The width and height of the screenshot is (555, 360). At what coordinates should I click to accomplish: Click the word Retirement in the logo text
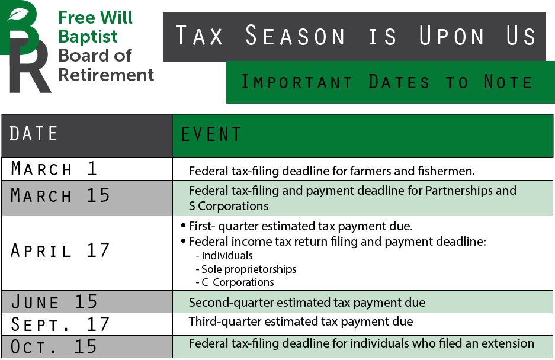pyautogui.click(x=106, y=75)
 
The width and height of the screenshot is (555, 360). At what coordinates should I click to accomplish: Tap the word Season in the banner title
pyautogui.click(x=295, y=37)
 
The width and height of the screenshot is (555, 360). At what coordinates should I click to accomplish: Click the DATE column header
pyautogui.click(x=34, y=134)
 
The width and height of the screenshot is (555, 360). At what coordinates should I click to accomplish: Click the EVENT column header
pyautogui.click(x=211, y=134)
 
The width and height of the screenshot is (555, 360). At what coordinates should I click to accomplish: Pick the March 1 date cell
pyautogui.click(x=54, y=169)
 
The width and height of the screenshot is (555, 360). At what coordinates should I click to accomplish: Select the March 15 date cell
pyautogui.click(x=60, y=195)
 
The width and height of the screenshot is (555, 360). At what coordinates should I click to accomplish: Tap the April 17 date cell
pyautogui.click(x=60, y=250)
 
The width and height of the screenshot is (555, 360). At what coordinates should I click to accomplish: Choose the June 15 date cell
pyautogui.click(x=54, y=302)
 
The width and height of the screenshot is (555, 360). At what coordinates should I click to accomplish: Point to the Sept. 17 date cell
pyautogui.click(x=60, y=324)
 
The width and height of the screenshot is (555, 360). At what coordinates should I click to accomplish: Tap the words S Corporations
pyautogui.click(x=229, y=207)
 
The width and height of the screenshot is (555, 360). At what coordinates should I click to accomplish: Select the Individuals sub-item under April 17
pyautogui.click(x=227, y=256)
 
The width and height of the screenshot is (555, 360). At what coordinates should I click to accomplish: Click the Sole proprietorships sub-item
pyautogui.click(x=249, y=269)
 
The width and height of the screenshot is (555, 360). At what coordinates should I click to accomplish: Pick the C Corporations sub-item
pyautogui.click(x=238, y=282)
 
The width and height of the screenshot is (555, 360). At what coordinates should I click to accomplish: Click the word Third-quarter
pyautogui.click(x=219, y=322)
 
